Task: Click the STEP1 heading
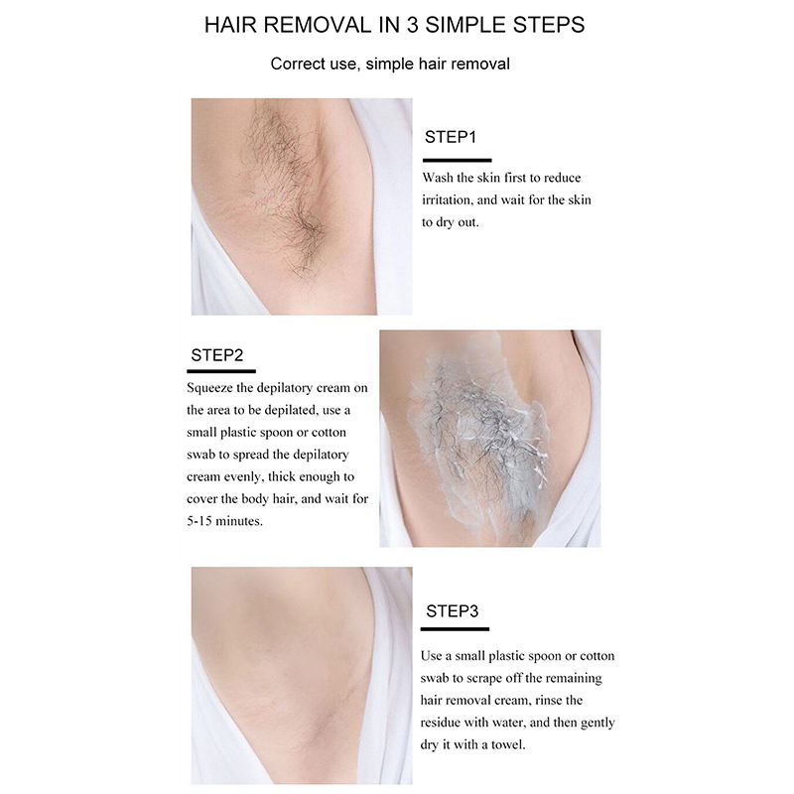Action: tap(451, 137)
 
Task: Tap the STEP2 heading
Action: tap(216, 355)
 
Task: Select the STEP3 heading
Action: tap(452, 611)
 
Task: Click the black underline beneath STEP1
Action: tap(458, 160)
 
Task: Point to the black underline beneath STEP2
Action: tap(221, 371)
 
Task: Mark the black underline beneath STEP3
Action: tap(455, 629)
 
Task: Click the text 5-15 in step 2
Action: tap(199, 521)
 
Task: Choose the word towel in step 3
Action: tap(509, 745)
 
